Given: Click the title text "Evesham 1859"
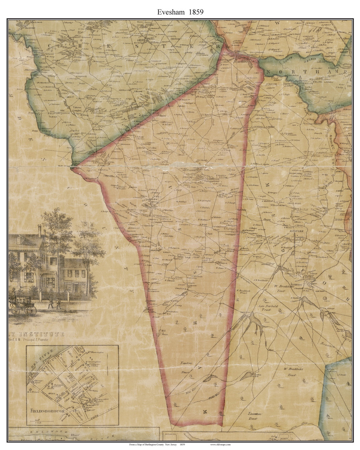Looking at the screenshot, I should pos(180,11).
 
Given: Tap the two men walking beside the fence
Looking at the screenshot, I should pos(54,303).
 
